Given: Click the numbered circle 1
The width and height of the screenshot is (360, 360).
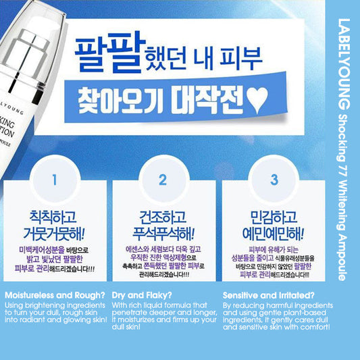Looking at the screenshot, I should (55, 180).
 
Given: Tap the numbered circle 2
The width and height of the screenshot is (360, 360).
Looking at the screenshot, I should (162, 180).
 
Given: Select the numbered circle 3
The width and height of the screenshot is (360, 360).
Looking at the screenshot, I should (272, 180).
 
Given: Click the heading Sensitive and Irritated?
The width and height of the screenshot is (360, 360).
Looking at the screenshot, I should (268, 295).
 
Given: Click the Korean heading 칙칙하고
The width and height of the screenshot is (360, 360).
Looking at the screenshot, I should (55, 217).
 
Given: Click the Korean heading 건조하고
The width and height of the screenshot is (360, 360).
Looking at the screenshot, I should (162, 217).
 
